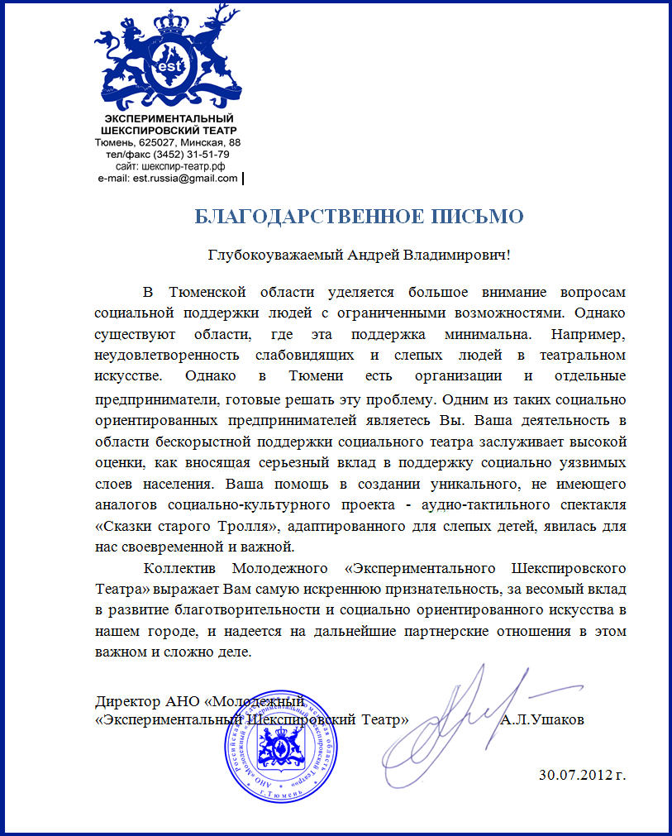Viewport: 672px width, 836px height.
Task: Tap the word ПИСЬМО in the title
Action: click(x=483, y=217)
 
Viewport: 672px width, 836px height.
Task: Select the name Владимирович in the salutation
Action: click(x=452, y=255)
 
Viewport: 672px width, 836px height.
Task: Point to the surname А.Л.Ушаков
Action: click(x=542, y=719)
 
